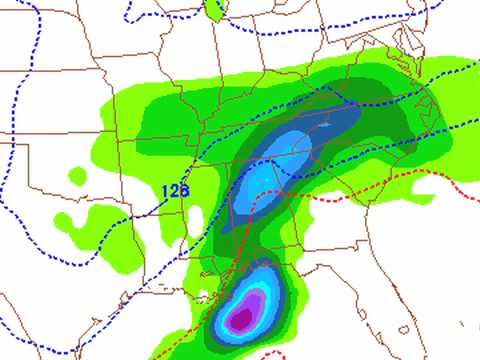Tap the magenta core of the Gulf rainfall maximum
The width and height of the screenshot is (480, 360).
pyautogui.click(x=239, y=319)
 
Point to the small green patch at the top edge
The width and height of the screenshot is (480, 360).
pyautogui.click(x=213, y=10)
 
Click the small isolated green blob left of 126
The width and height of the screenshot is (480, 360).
pyautogui.click(x=78, y=176)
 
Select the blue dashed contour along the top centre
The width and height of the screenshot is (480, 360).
pyautogui.click(x=300, y=28)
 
